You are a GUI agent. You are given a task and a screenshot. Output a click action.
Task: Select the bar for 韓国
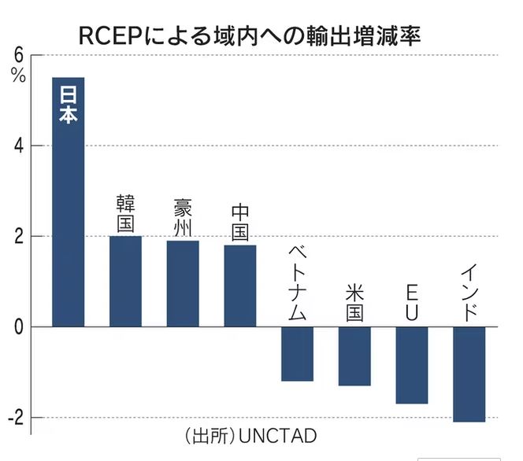[x=125, y=281]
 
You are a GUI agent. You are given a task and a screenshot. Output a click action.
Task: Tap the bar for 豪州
[x=183, y=283]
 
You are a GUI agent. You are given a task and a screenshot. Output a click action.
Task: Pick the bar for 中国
[x=240, y=285]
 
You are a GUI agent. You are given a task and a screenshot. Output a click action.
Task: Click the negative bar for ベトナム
[x=297, y=354]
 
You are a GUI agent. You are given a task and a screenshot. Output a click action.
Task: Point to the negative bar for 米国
[x=354, y=356]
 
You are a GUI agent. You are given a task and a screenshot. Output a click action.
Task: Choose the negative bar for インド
[x=469, y=374]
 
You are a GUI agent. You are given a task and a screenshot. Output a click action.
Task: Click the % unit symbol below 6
[x=18, y=76]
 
